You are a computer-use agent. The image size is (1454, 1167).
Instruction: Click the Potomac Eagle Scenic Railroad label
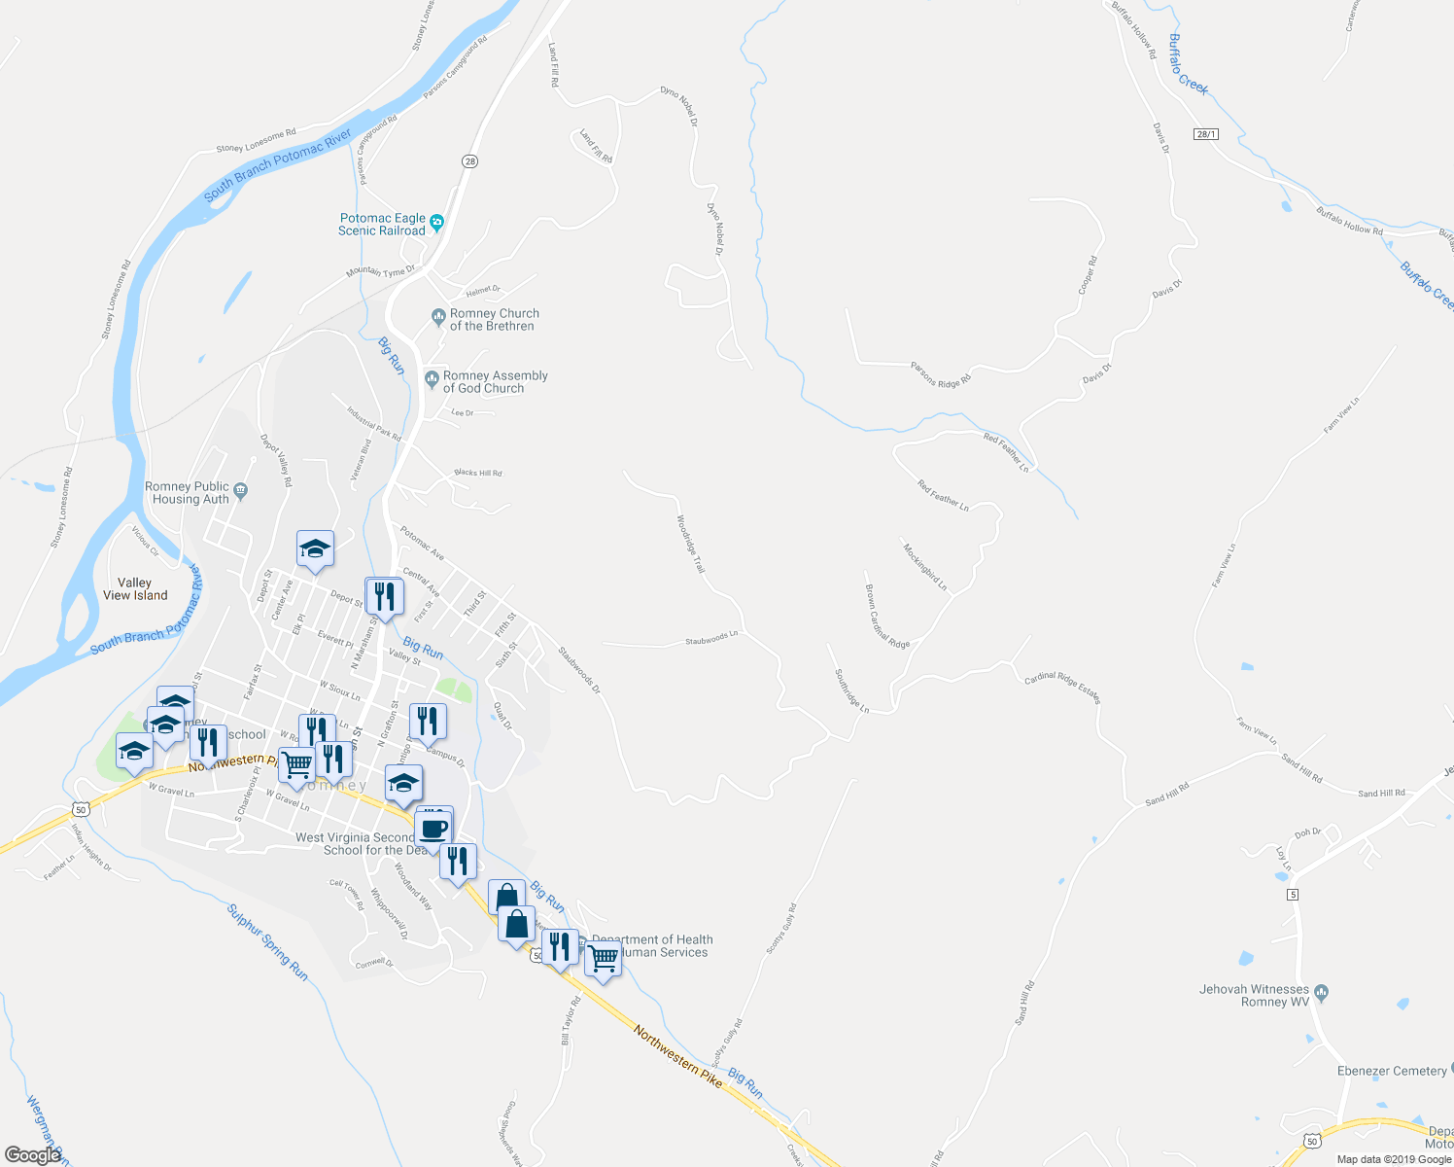382,225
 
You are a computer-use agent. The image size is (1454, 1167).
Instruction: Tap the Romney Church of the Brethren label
494,320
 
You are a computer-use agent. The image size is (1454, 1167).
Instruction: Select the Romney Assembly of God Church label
495,382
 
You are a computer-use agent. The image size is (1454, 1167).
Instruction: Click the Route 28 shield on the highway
470,161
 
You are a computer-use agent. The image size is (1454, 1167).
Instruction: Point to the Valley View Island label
135,589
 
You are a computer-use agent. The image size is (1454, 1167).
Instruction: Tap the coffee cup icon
433,830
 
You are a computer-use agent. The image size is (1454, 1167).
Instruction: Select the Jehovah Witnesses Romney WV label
1254,996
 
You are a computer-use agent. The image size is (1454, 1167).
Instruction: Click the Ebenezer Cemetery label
1392,1071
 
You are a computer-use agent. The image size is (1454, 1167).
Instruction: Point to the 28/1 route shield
1206,134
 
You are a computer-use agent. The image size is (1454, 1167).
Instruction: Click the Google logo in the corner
32,1155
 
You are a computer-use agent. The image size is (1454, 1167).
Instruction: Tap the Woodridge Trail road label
689,544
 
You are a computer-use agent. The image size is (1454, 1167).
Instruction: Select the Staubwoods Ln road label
711,638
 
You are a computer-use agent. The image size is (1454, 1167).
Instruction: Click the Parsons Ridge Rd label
941,374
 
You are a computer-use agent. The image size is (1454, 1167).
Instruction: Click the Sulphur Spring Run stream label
267,942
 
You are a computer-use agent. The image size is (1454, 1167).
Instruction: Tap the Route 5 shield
1293,894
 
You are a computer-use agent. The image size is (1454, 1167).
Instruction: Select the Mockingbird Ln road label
924,567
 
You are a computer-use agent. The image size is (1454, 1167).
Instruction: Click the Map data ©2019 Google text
1394,1159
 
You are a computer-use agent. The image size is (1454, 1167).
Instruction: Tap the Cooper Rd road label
1088,274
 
